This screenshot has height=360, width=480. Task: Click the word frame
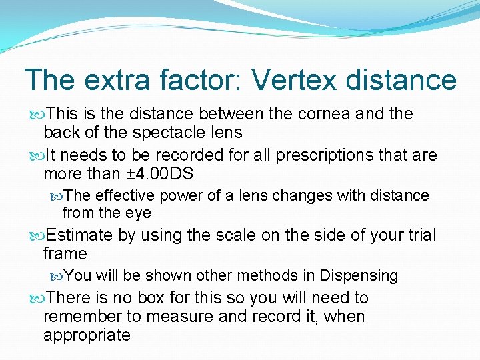(65, 254)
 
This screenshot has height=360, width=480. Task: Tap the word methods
(279, 275)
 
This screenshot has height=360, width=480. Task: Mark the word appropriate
(87, 335)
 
